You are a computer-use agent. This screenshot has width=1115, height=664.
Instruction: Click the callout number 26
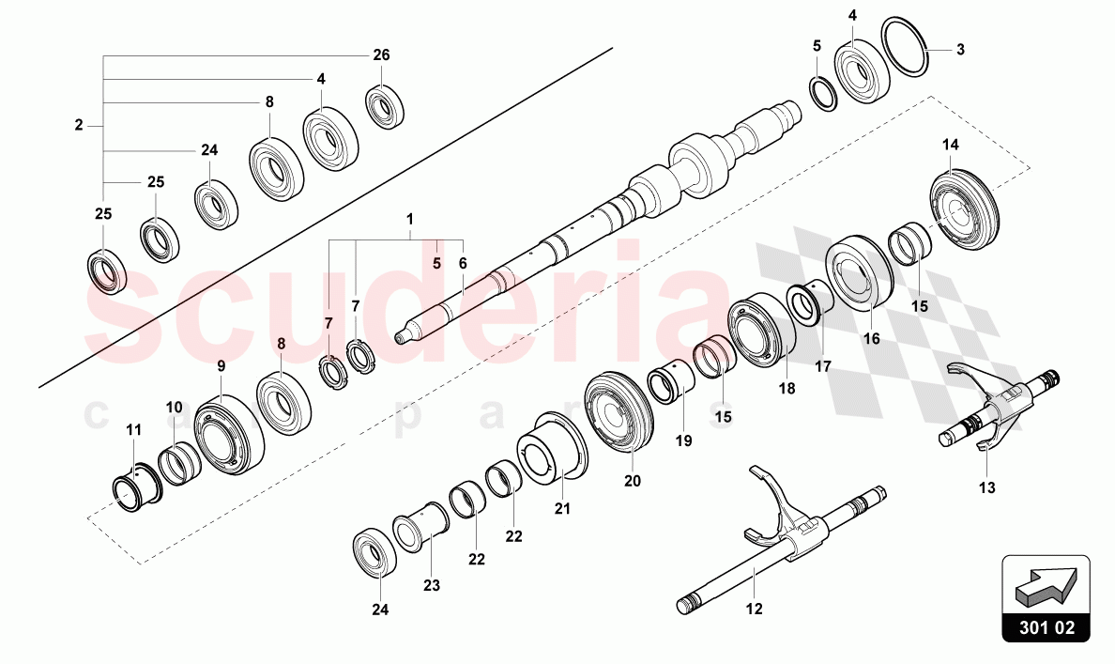point(381,55)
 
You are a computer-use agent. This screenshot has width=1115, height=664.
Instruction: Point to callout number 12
point(755,609)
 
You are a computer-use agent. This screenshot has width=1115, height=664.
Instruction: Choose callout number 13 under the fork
point(987,487)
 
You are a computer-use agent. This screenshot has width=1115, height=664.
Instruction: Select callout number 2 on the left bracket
point(79,124)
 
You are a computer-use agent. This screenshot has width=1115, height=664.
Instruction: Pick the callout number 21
point(561,508)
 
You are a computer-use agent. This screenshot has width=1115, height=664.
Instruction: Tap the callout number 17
point(822,367)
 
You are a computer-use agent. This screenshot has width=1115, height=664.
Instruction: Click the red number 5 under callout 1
point(436,265)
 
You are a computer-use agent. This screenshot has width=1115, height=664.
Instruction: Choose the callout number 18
point(787,387)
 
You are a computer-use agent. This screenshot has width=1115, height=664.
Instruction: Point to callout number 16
point(872,339)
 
